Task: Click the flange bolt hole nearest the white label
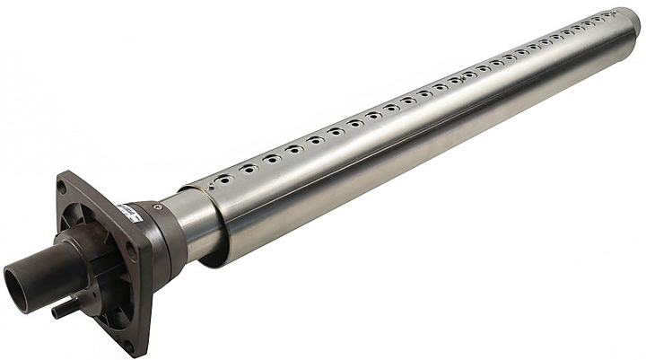132,253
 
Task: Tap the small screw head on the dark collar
157,206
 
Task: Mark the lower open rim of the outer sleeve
215,260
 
